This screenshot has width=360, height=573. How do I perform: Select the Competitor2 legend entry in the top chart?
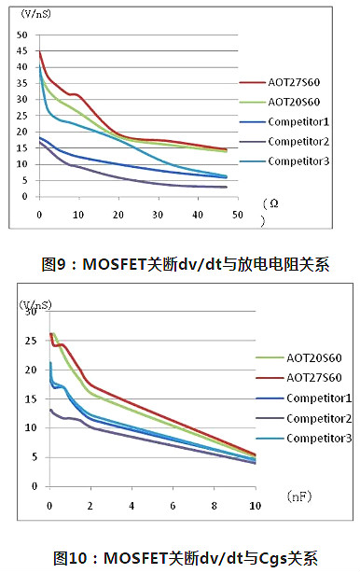click(298, 140)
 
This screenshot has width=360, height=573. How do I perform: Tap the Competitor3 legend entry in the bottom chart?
click(319, 439)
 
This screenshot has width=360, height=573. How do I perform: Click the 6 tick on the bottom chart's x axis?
click(173, 504)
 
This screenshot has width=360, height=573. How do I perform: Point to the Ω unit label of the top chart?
click(272, 203)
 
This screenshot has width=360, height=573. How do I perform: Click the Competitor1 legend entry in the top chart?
click(298, 120)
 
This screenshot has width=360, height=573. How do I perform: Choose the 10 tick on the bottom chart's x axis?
click(255, 504)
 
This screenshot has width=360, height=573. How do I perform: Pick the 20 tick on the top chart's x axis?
click(118, 215)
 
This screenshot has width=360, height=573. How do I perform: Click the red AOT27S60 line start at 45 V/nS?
click(40, 53)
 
